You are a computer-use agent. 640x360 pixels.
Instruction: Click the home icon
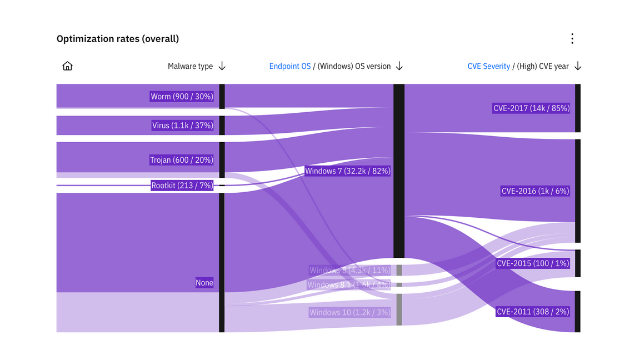point(67,66)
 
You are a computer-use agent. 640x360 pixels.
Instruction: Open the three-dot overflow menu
point(572,38)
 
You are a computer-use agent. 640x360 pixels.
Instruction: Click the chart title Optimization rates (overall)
point(118,39)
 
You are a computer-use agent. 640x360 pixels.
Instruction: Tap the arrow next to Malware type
point(222,66)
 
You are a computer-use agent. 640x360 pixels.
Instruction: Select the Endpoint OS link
point(290,66)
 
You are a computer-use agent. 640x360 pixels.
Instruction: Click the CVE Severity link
point(489,66)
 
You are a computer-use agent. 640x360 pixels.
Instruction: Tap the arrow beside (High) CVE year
point(578,66)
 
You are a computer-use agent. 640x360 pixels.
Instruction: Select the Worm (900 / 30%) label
point(182,97)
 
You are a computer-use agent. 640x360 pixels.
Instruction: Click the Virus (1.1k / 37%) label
point(182,126)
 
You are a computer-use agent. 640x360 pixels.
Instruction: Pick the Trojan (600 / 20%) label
point(182,160)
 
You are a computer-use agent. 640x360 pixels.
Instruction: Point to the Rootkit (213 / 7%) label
point(182,186)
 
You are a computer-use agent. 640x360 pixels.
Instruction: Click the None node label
point(204,283)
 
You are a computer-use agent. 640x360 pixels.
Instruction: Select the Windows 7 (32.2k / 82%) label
point(348,171)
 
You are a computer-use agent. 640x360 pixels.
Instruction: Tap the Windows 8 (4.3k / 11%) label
point(350,271)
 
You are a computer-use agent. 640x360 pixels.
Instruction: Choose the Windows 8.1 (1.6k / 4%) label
point(349,285)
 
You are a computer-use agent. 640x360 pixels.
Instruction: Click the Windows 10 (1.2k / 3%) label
point(350,312)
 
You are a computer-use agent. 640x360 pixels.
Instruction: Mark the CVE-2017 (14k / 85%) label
point(532,108)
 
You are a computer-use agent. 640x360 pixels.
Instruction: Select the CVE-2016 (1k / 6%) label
point(536,191)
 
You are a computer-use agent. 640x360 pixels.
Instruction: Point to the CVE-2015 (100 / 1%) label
point(533,263)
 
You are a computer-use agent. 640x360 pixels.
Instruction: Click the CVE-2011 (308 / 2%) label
point(533,312)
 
